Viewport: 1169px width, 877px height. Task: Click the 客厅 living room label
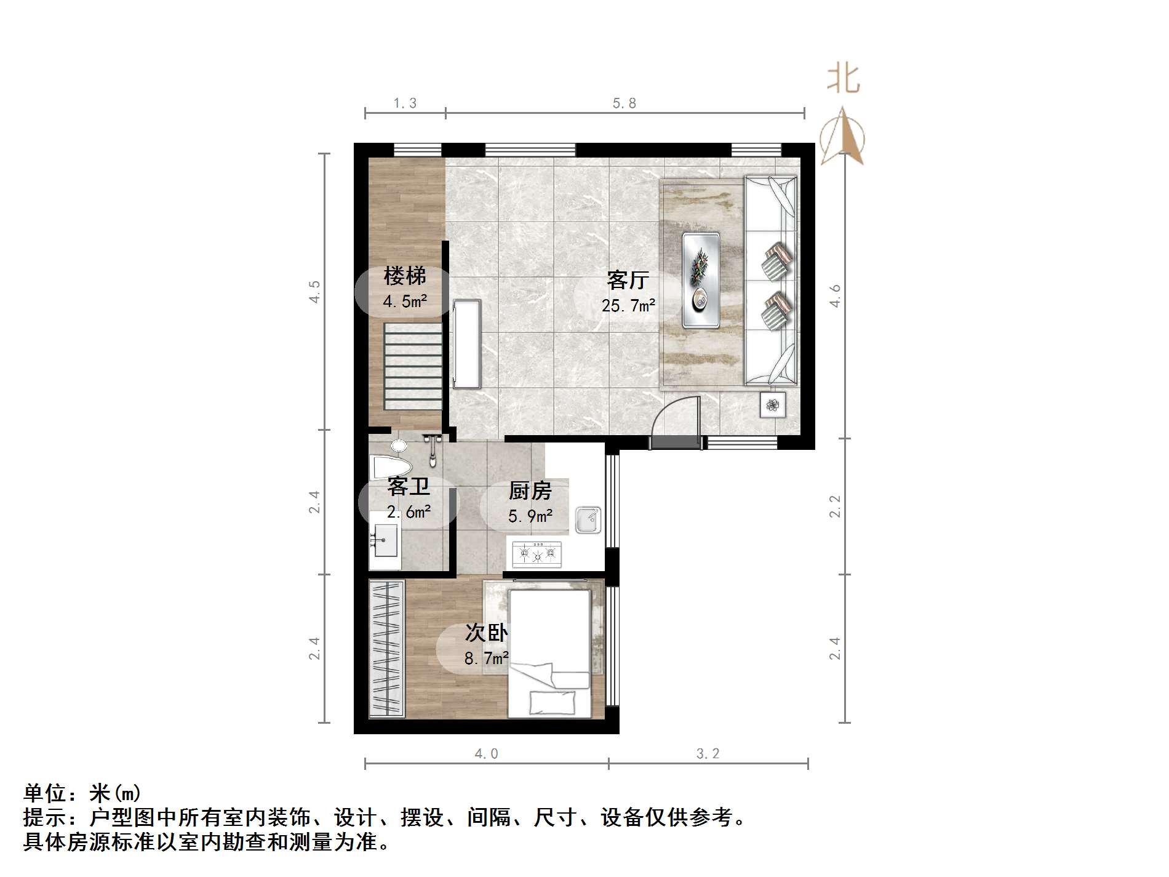coord(628,280)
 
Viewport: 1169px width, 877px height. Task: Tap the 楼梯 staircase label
coord(404,276)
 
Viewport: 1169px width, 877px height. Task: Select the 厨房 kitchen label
coord(530,491)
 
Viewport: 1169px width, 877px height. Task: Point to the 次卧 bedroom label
coord(486,632)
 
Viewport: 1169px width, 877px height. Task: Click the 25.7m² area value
coord(628,305)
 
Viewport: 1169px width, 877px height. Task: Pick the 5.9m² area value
coord(530,516)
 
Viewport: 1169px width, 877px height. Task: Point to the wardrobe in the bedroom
coord(387,649)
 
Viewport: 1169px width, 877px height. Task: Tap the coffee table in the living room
coord(701,280)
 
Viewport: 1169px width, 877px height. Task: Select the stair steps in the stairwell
coord(413,366)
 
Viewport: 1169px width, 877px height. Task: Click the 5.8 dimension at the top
coord(624,103)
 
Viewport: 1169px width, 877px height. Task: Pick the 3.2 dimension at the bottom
coord(708,753)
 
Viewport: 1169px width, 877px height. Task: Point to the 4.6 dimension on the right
coord(835,295)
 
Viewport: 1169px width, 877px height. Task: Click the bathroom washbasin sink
coord(385,540)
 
